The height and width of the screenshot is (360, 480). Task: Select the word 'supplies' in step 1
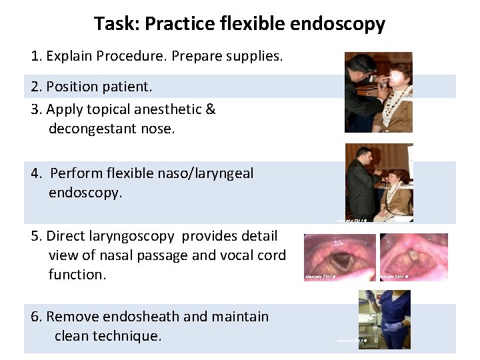tap(255, 56)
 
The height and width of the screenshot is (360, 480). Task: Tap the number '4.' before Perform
tap(37, 174)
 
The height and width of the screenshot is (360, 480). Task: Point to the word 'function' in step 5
tap(76, 274)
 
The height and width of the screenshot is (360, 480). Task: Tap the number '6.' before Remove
tap(37, 317)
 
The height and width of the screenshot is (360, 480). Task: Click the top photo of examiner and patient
tap(378, 92)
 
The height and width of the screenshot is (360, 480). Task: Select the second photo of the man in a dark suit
tap(379, 182)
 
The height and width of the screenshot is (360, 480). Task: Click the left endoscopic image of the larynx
tap(339, 257)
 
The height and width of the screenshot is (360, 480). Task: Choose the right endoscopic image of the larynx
tap(413, 257)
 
